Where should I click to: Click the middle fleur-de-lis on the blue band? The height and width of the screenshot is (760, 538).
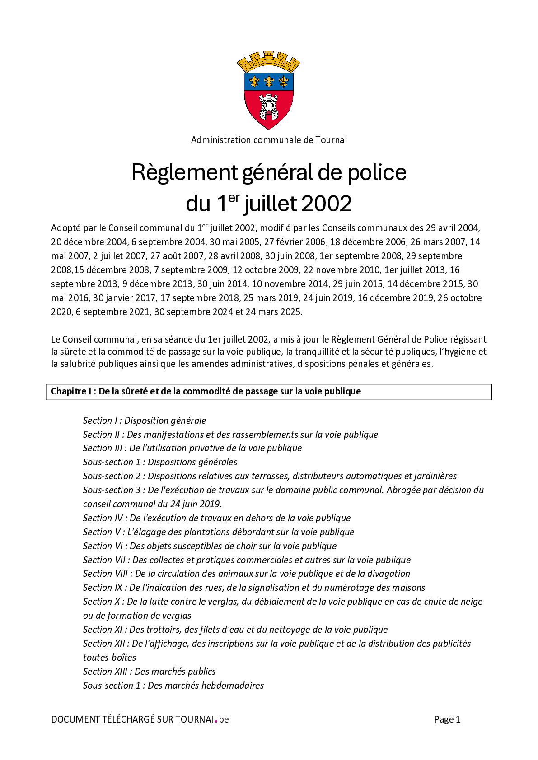269,81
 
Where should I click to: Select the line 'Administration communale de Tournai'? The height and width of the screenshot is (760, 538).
269,140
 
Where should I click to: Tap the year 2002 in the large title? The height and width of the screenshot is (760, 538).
326,204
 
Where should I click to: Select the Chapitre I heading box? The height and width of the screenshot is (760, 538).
269,392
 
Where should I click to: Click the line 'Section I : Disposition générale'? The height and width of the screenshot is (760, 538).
145,421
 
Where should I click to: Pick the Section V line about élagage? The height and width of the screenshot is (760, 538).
219,532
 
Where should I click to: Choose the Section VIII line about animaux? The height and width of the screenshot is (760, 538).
247,574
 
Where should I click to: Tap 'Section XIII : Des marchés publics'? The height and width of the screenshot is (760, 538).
150,671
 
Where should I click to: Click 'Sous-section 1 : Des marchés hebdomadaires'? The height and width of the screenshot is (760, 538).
173,685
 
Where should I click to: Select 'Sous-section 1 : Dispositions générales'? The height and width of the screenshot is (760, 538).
160,462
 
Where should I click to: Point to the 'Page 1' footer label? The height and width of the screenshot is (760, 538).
447,719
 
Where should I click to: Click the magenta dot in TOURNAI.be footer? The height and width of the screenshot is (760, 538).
216,721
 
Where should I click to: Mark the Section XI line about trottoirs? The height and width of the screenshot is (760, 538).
235,630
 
